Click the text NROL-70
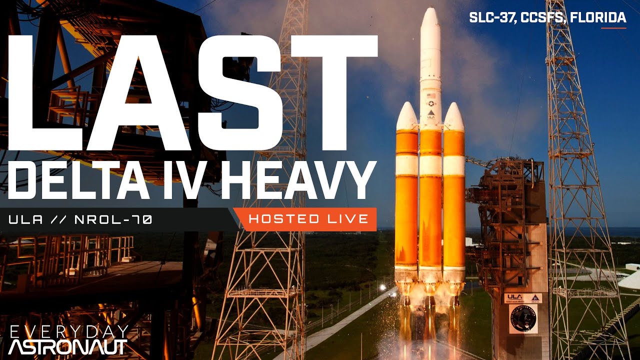113,219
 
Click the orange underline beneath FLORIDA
613,27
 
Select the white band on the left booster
406,164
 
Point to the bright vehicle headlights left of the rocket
382,287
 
